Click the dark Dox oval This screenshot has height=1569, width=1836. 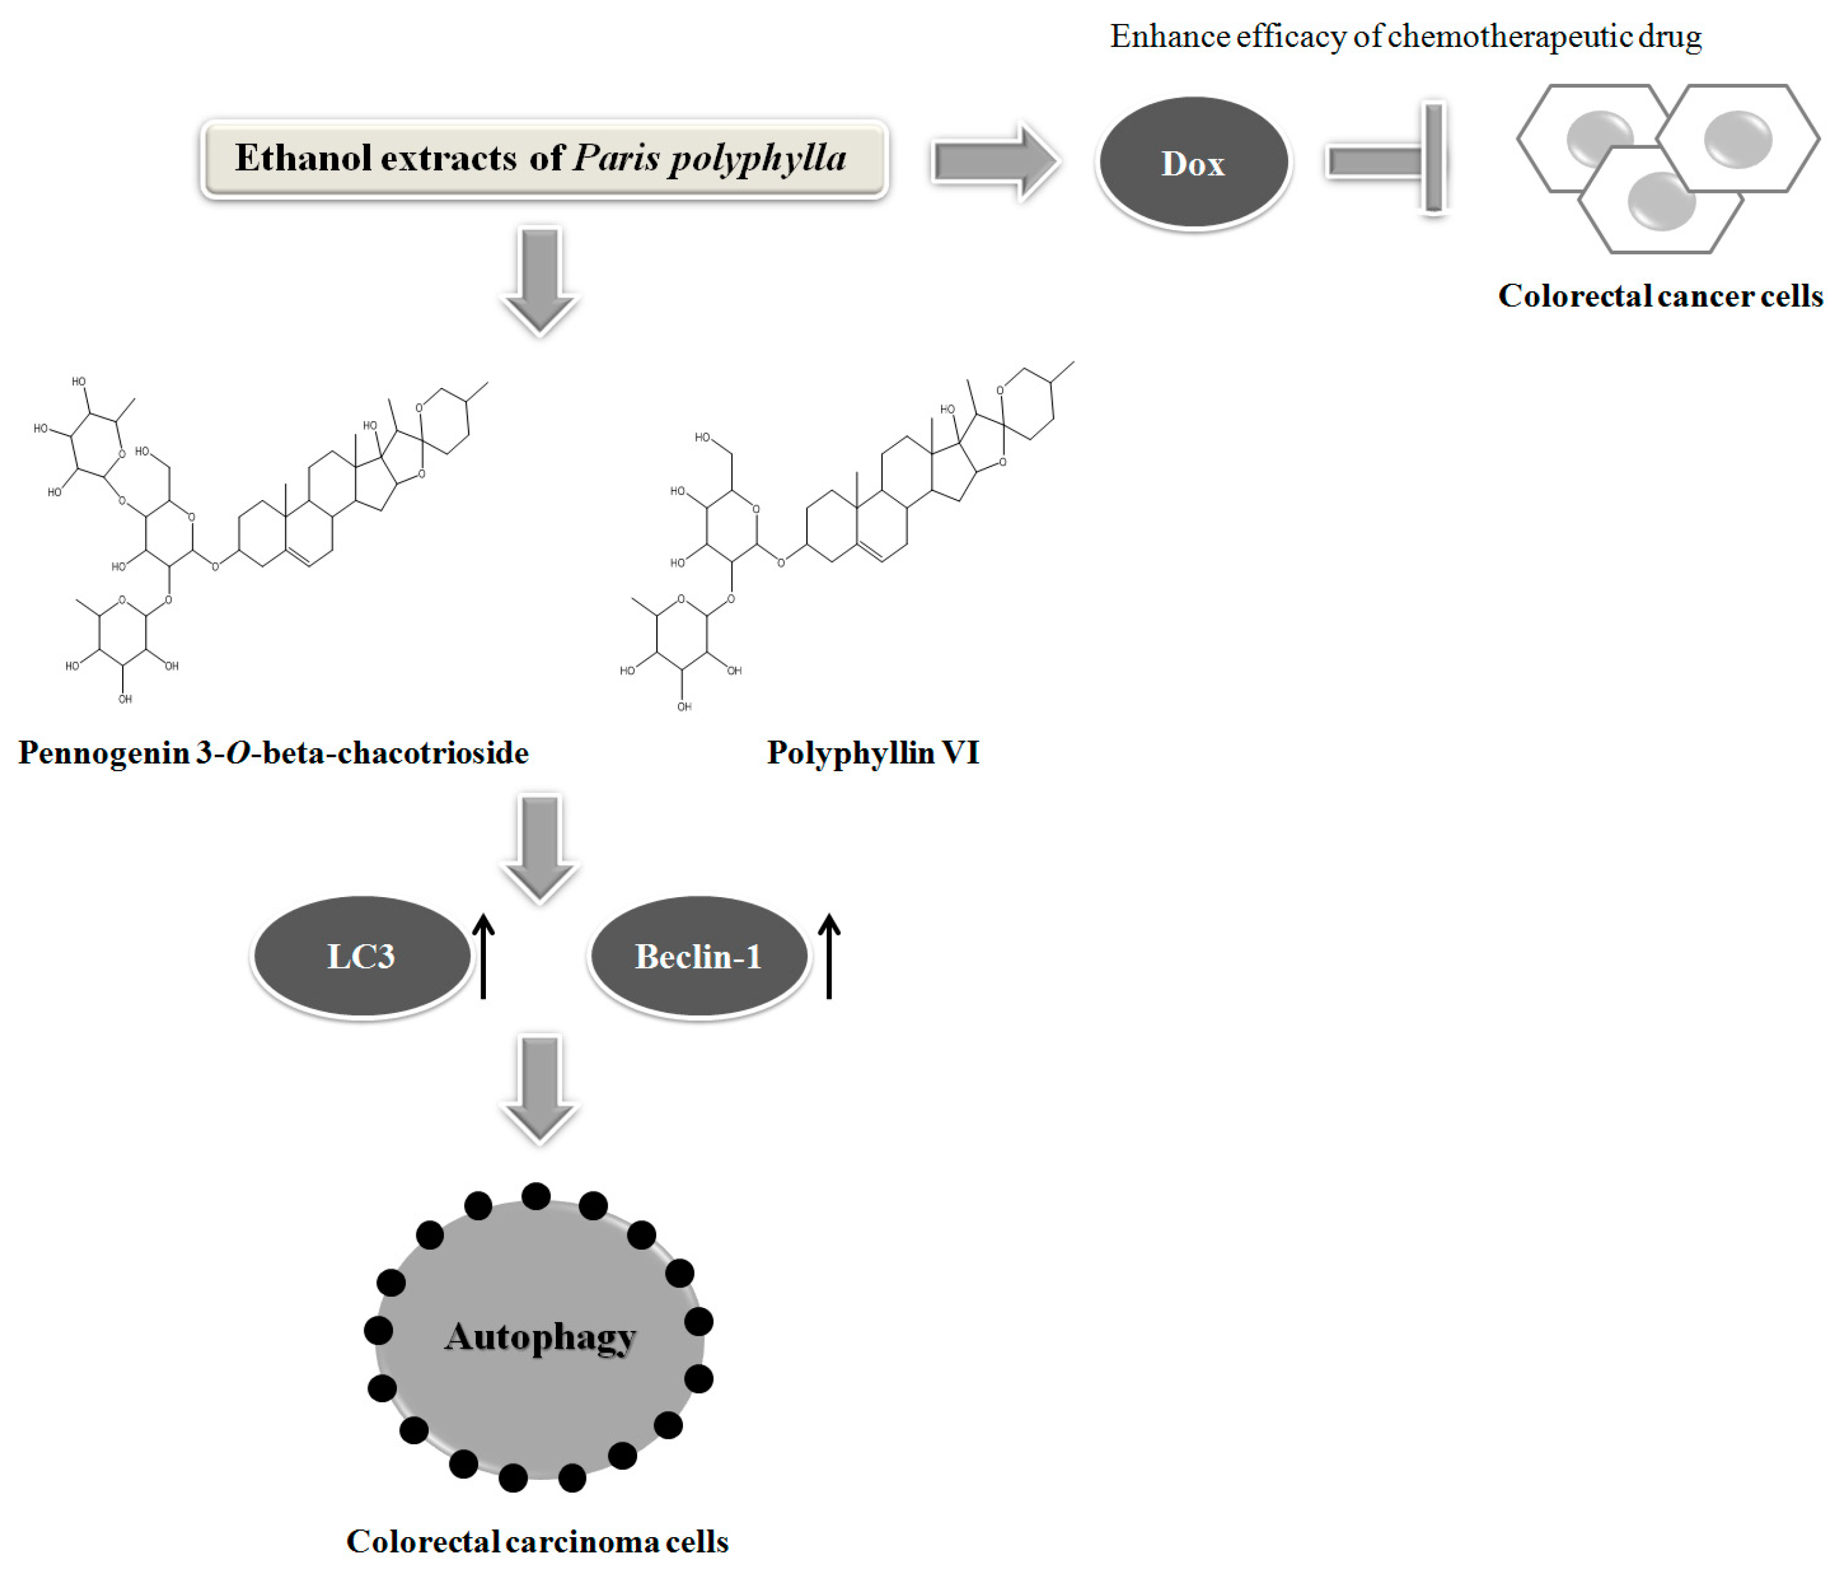coord(1193,163)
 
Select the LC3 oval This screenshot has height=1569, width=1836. coord(361,956)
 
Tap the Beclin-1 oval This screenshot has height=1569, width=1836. coord(699,956)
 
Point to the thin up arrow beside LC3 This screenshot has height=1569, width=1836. coord(483,957)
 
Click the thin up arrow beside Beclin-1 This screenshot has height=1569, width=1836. coord(829,957)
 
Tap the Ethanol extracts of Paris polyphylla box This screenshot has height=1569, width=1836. coord(544,158)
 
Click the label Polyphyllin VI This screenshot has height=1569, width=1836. coord(873,753)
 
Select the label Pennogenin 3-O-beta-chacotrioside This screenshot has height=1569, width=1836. coord(273,753)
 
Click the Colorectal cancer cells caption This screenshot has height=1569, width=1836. coord(1660,295)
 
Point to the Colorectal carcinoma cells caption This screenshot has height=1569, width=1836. coord(537,1541)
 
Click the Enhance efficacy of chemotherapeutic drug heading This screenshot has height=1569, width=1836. coord(1405,36)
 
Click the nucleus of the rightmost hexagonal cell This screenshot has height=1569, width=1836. coord(1738,139)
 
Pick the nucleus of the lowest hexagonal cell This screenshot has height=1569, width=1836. coord(1661,201)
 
